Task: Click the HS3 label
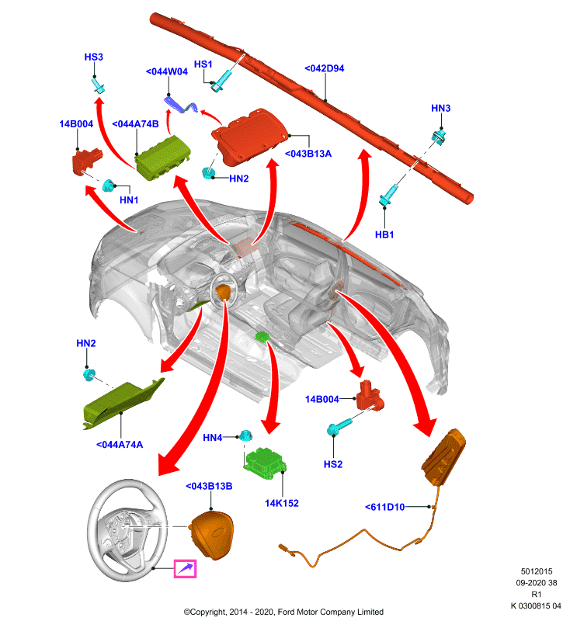coord(93,57)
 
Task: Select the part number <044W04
coord(167,71)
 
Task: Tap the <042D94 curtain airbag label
coord(325,68)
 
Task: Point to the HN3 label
coord(440,108)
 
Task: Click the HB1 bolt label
coord(384,234)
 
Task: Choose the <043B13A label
coord(308,154)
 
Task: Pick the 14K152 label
coord(282,503)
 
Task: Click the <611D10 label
coord(384,507)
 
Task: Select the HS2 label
coord(332,464)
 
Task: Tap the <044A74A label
coord(120,445)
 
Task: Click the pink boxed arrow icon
coord(185,569)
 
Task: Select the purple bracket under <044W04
coord(181,104)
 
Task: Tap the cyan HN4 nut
coord(245,435)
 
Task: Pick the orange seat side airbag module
coord(443,456)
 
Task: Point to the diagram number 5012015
coord(537,571)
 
